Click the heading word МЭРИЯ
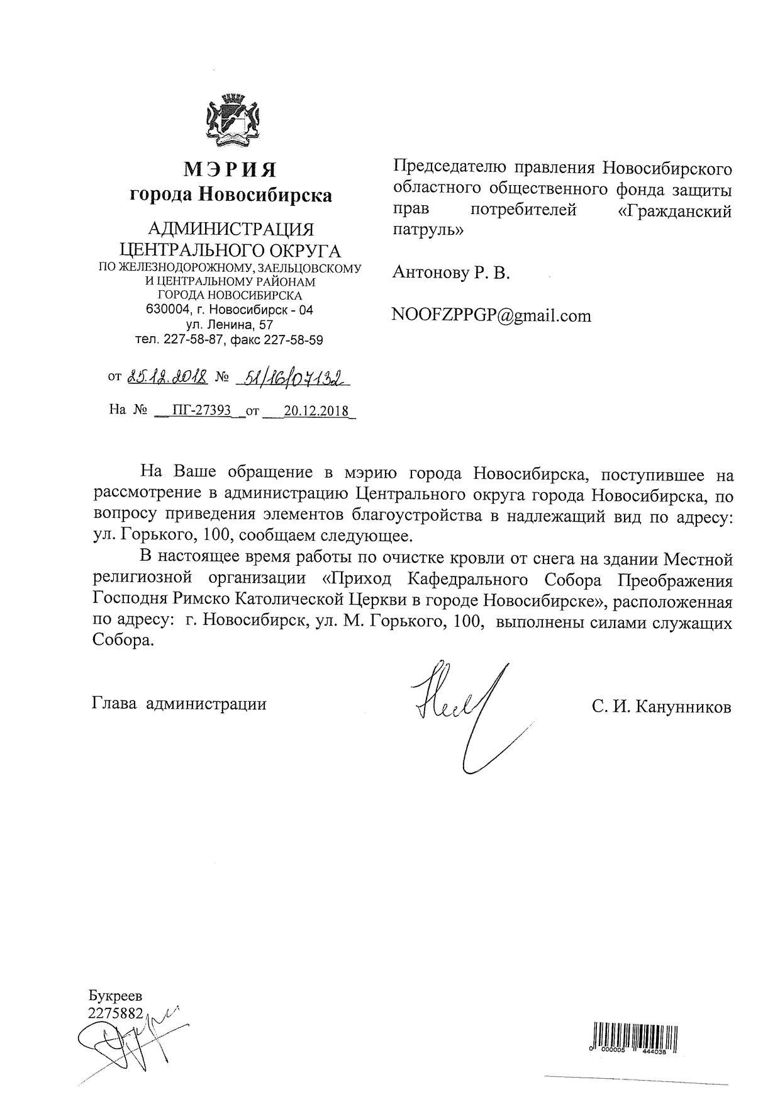[230, 170]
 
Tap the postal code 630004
[165, 310]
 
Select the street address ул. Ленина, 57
[230, 325]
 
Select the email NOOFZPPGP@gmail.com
[491, 315]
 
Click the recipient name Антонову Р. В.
[451, 273]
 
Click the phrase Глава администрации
[179, 704]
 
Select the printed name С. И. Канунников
[661, 707]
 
